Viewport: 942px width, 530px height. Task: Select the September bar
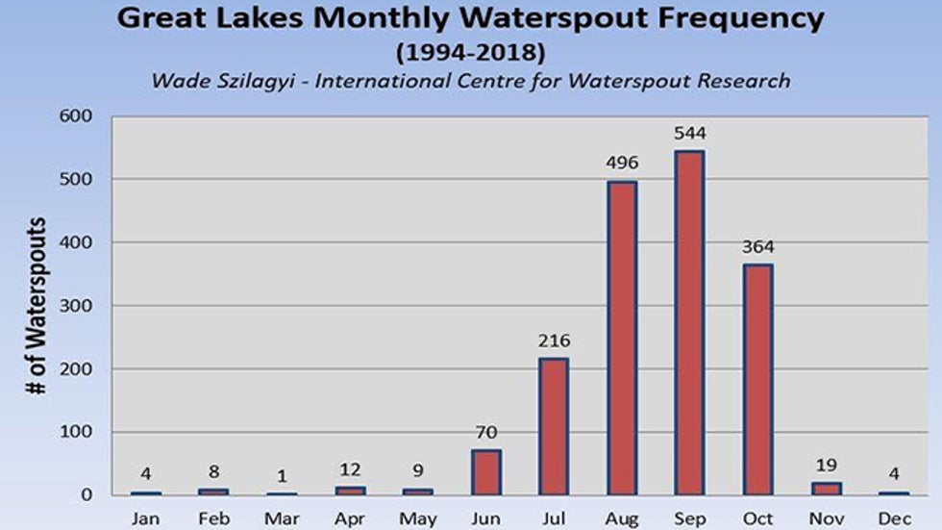pos(689,322)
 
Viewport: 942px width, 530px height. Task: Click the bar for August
pos(622,338)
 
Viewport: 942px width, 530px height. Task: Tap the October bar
pos(757,379)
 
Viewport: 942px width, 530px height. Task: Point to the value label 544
pos(689,134)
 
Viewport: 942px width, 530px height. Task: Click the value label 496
pos(622,163)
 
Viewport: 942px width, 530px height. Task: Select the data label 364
pos(757,246)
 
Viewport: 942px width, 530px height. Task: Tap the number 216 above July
pos(554,340)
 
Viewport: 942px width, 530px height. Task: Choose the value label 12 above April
pos(350,468)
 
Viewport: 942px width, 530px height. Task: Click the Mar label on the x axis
pos(282,518)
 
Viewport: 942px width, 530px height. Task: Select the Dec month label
pos(894,518)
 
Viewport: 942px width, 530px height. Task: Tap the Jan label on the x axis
pos(146,518)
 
